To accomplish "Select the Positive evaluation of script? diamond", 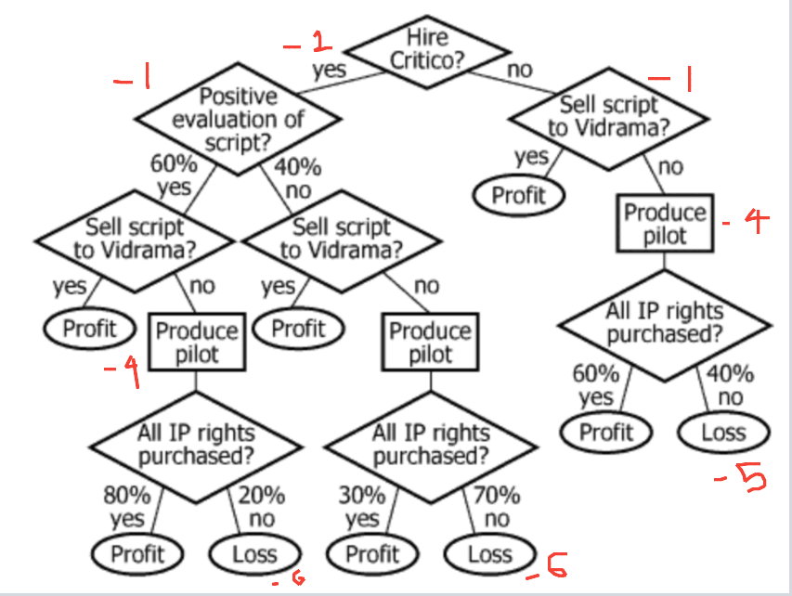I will click(x=238, y=119).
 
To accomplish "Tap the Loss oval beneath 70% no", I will click(x=490, y=554).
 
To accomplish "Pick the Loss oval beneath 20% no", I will click(x=254, y=554).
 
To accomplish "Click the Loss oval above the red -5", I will click(x=723, y=431).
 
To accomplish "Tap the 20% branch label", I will click(x=262, y=496).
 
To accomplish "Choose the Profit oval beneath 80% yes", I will click(x=137, y=554).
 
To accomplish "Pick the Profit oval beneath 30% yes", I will click(x=372, y=554).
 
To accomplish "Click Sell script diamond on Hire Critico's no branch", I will click(x=608, y=116).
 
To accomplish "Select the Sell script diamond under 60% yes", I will click(x=135, y=238).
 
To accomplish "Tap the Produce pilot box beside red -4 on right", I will click(x=665, y=223).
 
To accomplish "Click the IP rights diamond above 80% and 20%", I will click(x=196, y=445).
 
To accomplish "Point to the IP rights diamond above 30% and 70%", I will click(x=431, y=445).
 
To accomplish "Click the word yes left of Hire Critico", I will click(x=329, y=69).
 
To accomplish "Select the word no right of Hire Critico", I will click(x=519, y=69).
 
